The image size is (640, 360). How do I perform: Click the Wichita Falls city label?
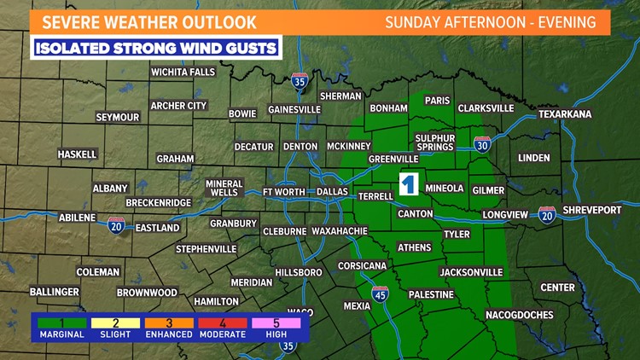point(183,73)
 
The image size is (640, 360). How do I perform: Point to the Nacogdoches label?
point(519,315)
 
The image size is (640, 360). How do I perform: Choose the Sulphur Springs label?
point(434,142)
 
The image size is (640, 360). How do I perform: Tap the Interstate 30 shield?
point(483,145)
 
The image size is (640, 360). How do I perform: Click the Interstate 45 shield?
point(380,295)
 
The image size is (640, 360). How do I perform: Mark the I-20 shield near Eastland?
point(117,225)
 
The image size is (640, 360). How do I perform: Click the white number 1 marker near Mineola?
point(409,185)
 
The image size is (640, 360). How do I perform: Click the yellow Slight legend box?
point(114,322)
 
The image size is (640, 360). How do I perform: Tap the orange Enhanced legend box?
point(168,322)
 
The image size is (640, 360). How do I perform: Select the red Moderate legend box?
point(222,322)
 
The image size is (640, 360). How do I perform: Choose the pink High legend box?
point(276,322)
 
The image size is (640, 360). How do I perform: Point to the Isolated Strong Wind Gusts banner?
point(157,48)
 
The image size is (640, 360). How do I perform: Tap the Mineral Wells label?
point(224,188)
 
